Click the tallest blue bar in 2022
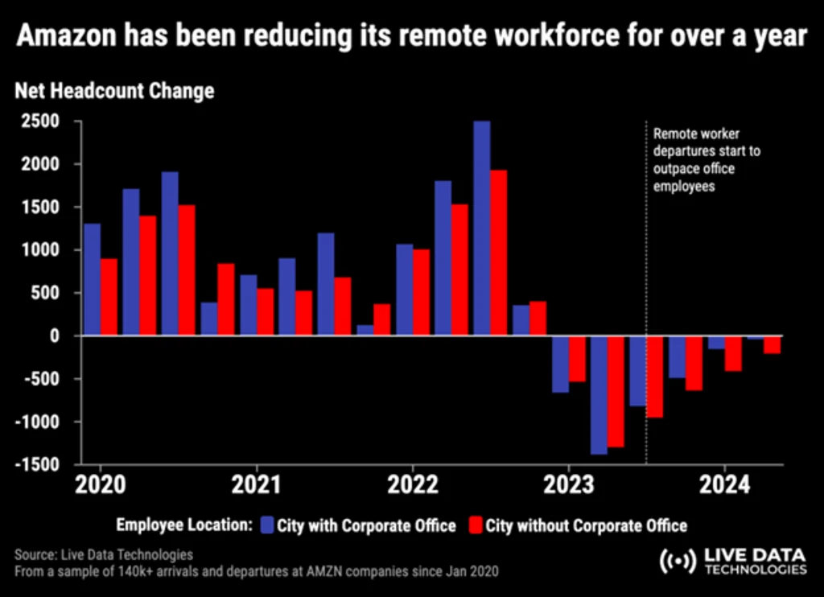click(482, 229)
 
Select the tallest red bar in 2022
click(499, 253)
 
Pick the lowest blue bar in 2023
click(599, 395)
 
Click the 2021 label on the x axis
click(256, 485)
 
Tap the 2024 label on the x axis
click(724, 485)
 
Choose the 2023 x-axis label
click(568, 485)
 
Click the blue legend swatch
click(268, 526)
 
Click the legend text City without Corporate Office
click(585, 526)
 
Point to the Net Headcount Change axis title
click(114, 90)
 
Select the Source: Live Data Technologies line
click(104, 555)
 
